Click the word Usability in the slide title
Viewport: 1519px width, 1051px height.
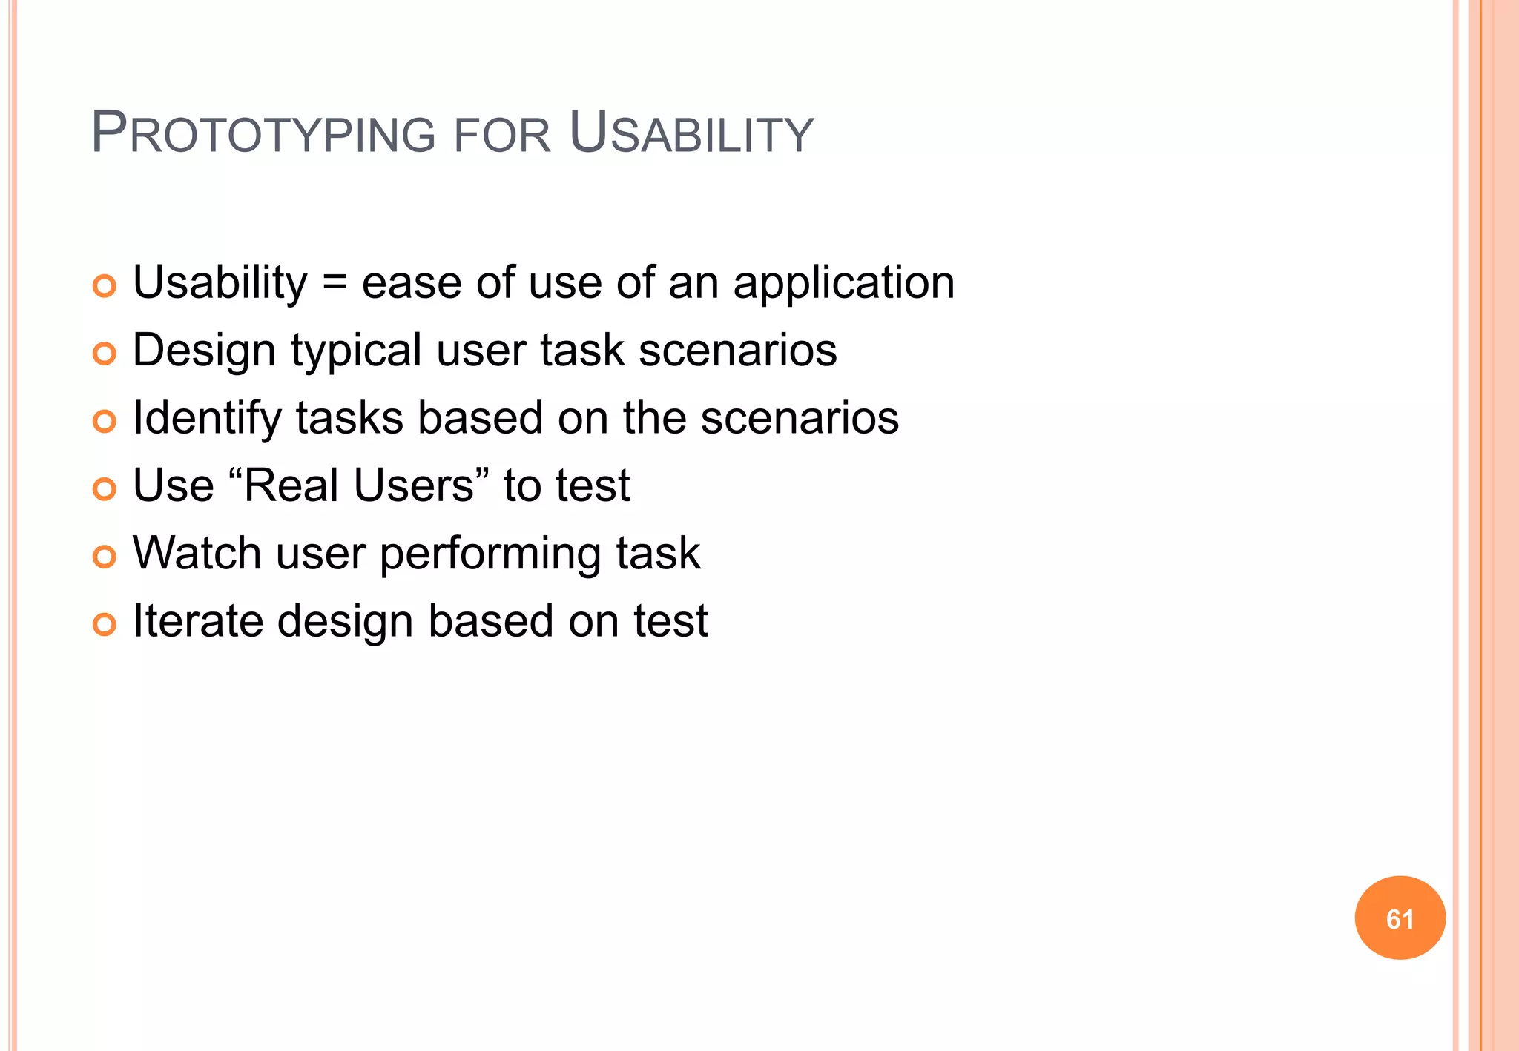click(x=691, y=133)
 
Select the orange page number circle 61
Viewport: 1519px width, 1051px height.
click(x=1400, y=918)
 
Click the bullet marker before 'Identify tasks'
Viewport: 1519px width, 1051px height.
click(x=105, y=422)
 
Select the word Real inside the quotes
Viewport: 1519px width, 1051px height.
click(x=291, y=485)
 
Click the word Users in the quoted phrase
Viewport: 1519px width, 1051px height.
click(x=413, y=485)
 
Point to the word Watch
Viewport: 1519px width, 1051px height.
click(x=197, y=553)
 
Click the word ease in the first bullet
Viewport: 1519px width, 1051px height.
click(x=412, y=284)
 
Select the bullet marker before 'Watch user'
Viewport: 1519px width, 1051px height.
click(x=105, y=557)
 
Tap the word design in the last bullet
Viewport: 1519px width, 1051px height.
click(x=345, y=621)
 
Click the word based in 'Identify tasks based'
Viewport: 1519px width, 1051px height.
click(x=480, y=418)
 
